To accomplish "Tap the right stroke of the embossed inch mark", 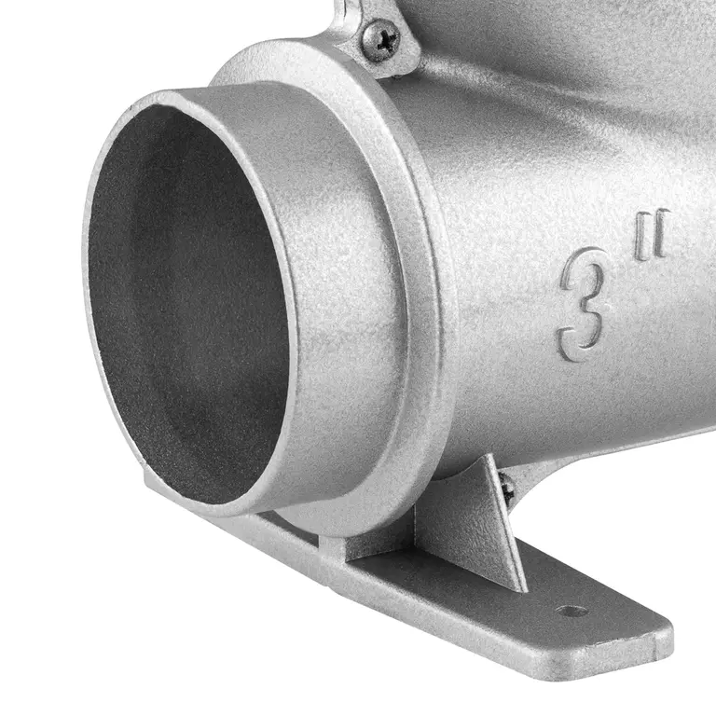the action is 661,232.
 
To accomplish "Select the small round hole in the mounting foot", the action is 571,611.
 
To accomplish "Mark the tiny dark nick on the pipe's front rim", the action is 131,109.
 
